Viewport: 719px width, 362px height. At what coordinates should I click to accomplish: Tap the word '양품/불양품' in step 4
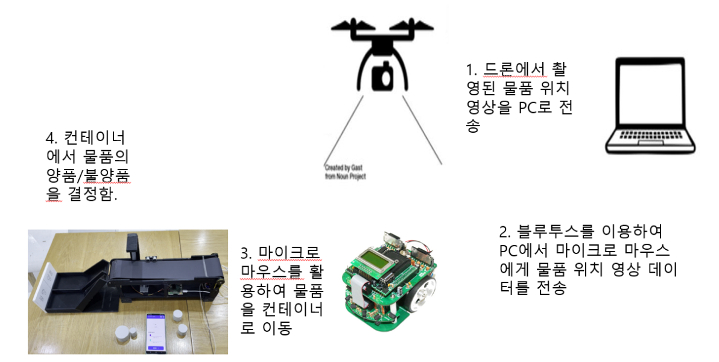88,176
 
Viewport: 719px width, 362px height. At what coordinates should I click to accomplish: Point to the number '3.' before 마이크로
247,252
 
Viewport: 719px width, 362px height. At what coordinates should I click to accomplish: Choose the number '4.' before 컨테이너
52,136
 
